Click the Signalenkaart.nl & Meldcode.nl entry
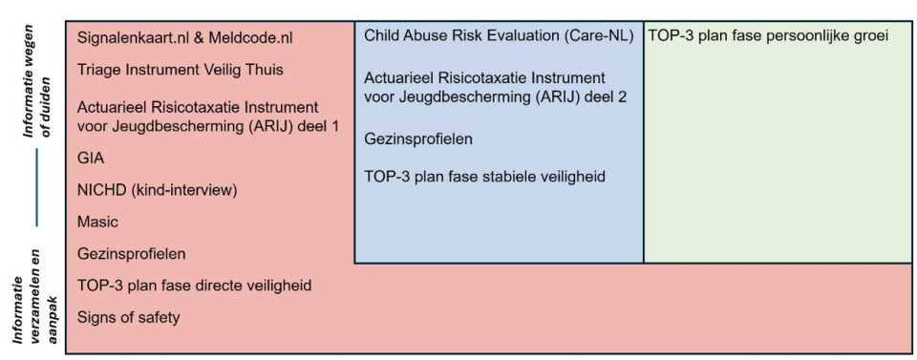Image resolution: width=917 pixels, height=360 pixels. click(x=184, y=38)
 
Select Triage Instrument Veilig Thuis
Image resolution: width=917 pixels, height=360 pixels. click(x=181, y=70)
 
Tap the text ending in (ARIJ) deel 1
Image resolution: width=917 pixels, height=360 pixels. click(x=208, y=116)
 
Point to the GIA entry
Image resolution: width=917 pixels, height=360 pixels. click(x=91, y=159)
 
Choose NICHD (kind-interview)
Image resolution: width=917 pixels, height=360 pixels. click(x=158, y=191)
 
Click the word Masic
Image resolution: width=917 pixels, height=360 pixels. click(x=97, y=222)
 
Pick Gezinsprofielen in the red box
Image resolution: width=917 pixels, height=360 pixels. click(x=132, y=254)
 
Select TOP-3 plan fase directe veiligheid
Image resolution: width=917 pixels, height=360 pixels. click(x=194, y=286)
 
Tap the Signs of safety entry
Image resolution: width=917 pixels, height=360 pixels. click(x=129, y=318)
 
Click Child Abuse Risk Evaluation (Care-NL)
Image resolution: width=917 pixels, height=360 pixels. click(x=499, y=35)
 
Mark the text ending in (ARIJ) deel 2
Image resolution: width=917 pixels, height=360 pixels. click(x=496, y=88)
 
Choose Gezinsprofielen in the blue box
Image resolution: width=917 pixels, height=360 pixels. click(x=418, y=139)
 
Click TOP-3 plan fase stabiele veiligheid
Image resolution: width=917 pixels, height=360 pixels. click(x=484, y=177)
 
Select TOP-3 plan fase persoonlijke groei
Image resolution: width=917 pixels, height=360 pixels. click(x=768, y=36)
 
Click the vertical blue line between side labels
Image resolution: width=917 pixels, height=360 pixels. click(x=36, y=187)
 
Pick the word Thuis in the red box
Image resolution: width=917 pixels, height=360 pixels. click(x=265, y=70)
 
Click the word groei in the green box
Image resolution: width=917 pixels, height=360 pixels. click(x=871, y=36)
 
